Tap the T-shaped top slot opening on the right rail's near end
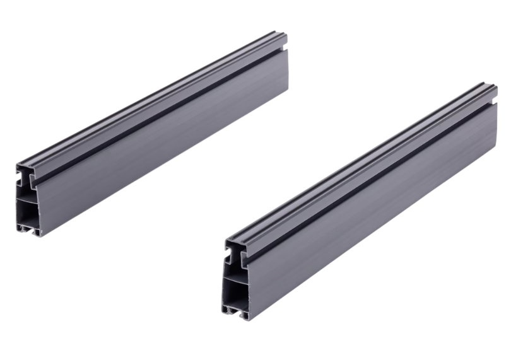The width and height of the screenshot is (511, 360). coord(234,252)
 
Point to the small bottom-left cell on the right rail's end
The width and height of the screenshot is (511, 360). coord(230,308)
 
